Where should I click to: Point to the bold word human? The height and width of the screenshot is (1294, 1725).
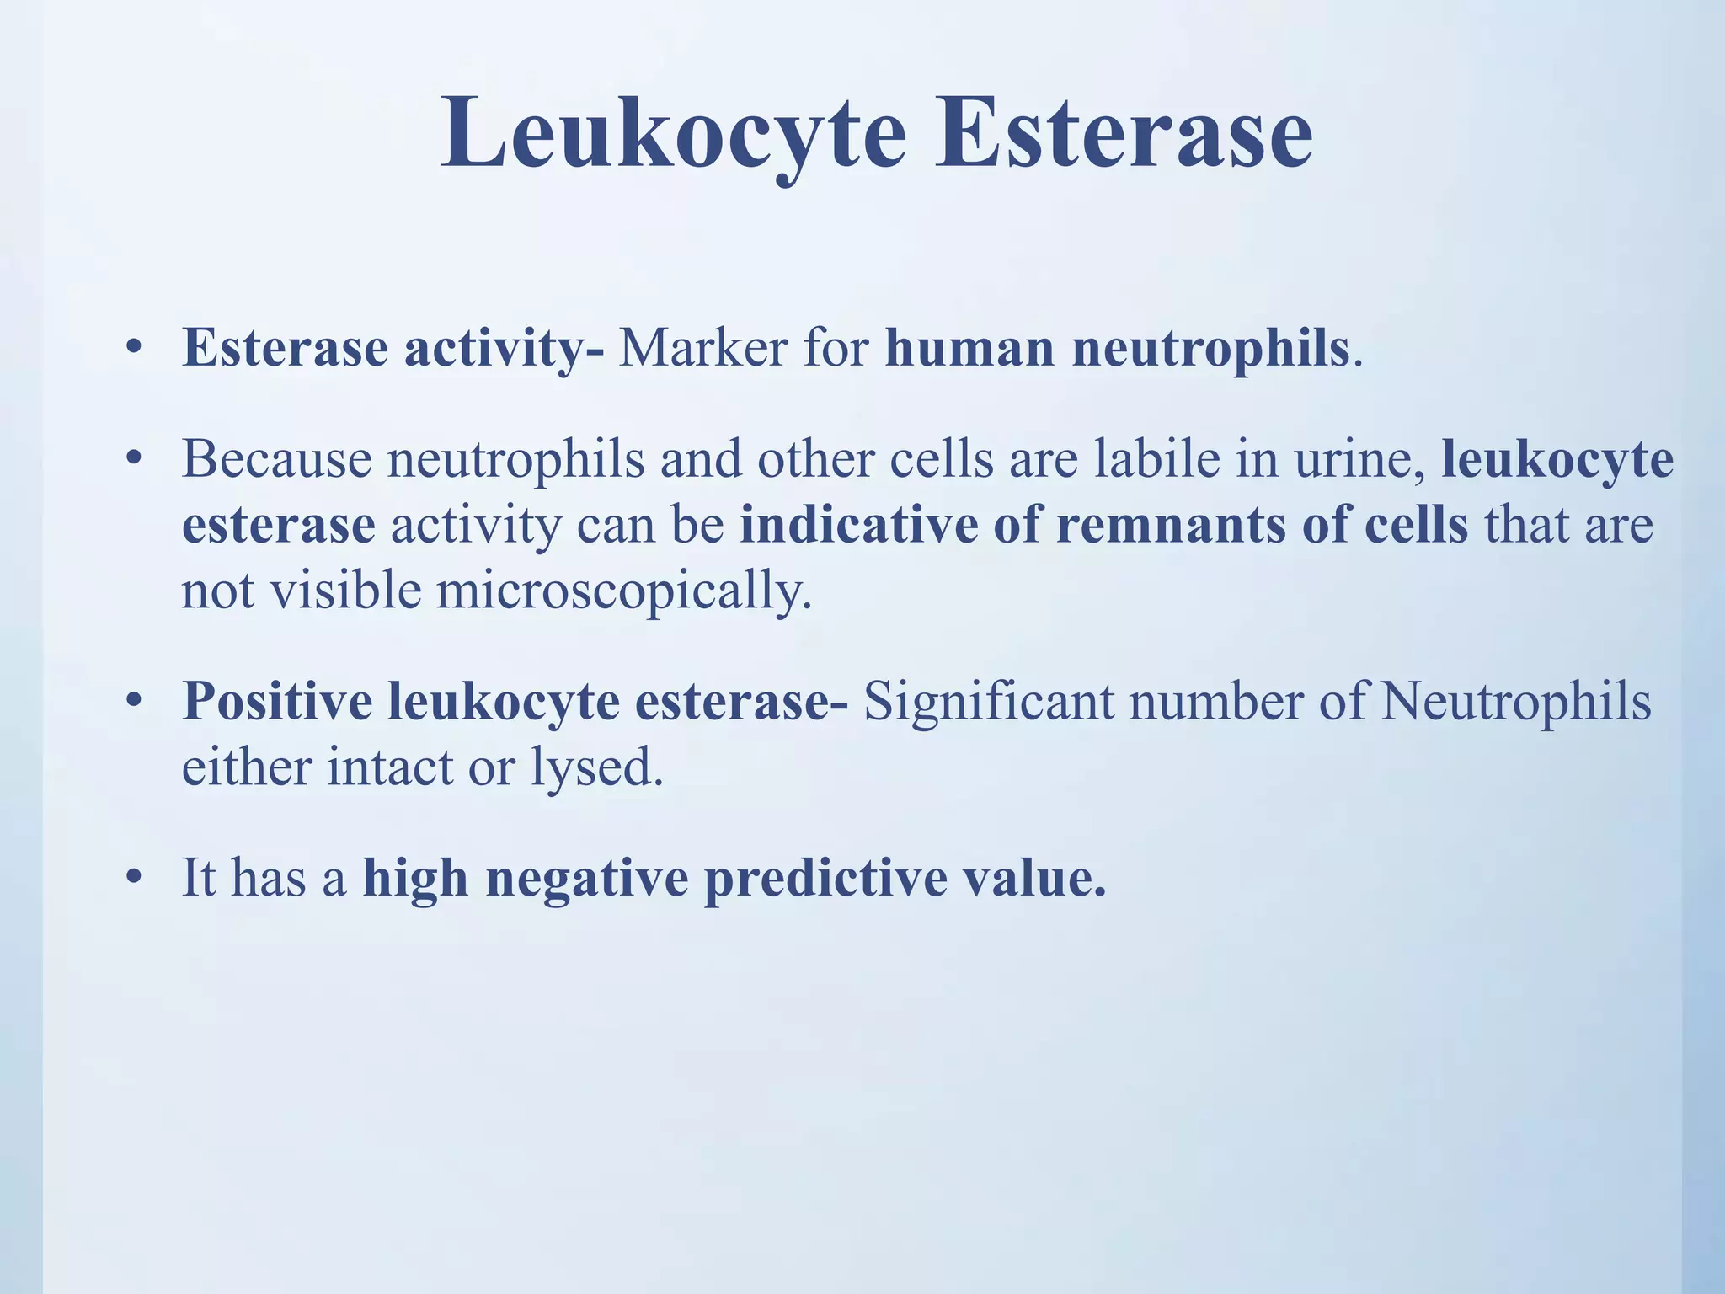[x=970, y=347]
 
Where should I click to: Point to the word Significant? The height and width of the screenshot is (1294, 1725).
[x=989, y=701]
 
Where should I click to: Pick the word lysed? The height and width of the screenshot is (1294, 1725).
[x=596, y=768]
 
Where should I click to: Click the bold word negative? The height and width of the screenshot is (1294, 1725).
[x=587, y=879]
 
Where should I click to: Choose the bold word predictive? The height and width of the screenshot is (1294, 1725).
[x=825, y=879]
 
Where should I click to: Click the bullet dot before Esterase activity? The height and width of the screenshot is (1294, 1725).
[x=131, y=349]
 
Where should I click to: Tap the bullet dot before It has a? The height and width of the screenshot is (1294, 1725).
[x=131, y=879]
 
